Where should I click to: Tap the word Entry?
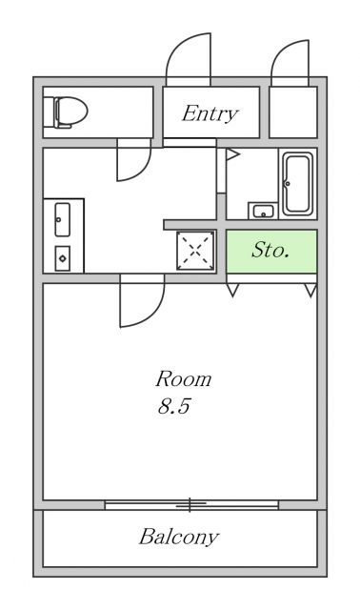(x=210, y=114)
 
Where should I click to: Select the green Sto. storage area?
(x=271, y=252)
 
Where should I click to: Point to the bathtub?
(x=297, y=183)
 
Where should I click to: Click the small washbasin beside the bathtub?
(x=260, y=211)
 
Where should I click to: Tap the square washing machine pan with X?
(x=196, y=252)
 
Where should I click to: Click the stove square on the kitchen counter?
(x=62, y=257)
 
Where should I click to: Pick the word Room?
(x=183, y=379)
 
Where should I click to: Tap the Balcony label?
(x=179, y=537)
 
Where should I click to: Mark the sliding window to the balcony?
(x=190, y=503)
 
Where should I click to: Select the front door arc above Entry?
(x=186, y=59)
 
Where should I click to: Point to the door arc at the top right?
(x=289, y=63)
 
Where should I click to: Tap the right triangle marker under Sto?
(x=310, y=291)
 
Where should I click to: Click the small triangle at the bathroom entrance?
(x=231, y=154)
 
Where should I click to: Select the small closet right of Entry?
(x=292, y=113)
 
